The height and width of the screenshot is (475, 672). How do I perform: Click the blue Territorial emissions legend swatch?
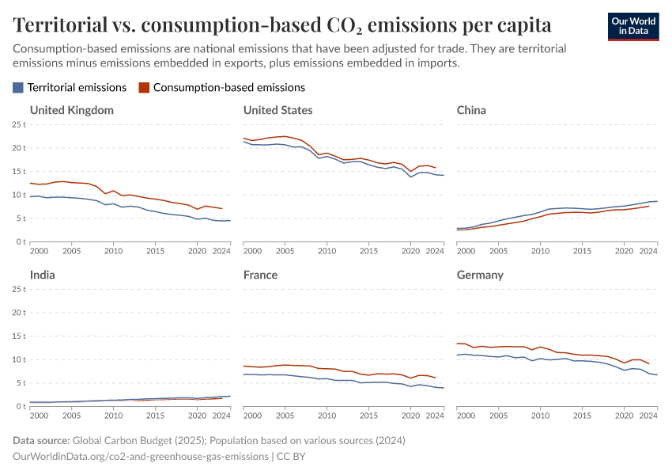coord(19,88)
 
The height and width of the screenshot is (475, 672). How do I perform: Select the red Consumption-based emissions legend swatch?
coord(144,88)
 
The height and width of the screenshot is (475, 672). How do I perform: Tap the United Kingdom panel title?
coord(71,110)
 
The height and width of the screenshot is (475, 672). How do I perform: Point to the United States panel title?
coord(277,110)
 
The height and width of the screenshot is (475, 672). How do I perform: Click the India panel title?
coord(43,275)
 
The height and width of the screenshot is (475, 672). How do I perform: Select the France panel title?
coord(261,275)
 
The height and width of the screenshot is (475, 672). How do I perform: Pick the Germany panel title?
coord(480,275)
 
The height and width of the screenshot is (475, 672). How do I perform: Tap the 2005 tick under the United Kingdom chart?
coord(71,251)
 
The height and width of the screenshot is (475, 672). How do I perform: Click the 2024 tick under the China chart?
coord(647,251)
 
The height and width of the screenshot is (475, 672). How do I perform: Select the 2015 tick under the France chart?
coord(368,416)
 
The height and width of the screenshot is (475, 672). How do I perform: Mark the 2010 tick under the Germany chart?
coord(540,416)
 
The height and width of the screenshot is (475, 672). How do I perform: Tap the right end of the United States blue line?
coord(444,175)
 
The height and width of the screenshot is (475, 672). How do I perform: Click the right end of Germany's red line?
coord(649,364)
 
